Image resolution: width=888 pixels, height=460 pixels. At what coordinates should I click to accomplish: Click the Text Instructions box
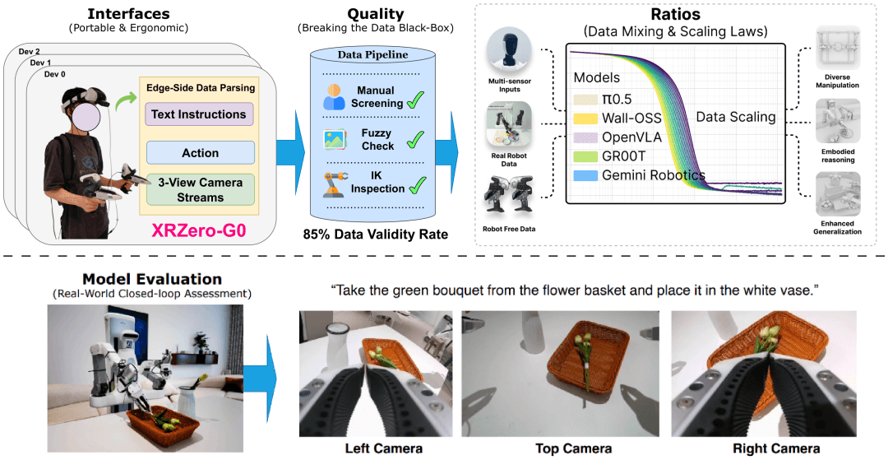pos(199,114)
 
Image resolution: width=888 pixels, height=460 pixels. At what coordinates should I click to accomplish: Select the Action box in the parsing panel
pos(201,153)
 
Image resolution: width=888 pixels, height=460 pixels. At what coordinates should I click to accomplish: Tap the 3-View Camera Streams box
pos(201,190)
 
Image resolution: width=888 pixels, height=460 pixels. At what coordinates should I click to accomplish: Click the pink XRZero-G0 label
pos(198,230)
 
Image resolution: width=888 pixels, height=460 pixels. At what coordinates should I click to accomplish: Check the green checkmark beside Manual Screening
pos(416,100)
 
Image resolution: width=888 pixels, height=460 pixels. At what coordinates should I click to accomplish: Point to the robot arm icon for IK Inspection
pos(335,184)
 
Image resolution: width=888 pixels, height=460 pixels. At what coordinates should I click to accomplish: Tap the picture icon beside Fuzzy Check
pos(335,139)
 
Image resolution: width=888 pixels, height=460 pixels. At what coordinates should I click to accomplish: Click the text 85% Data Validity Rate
pos(376,234)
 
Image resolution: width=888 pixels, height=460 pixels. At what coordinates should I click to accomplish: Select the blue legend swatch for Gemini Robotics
pos(585,175)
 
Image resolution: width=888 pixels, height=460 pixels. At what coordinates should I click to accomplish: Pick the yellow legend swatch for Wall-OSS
pos(585,118)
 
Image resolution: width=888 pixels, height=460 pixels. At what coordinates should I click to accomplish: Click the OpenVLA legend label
pos(631,137)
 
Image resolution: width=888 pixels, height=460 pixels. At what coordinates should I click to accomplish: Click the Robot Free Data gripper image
pos(509,196)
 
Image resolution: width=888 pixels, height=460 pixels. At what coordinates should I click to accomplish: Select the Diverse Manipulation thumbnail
pos(838,49)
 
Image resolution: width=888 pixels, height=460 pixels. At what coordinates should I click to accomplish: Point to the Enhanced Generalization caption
pos(838,228)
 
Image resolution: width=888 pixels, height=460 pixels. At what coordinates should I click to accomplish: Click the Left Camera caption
pos(383,448)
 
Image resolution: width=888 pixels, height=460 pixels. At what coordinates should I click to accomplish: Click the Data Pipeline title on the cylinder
pos(372,55)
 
